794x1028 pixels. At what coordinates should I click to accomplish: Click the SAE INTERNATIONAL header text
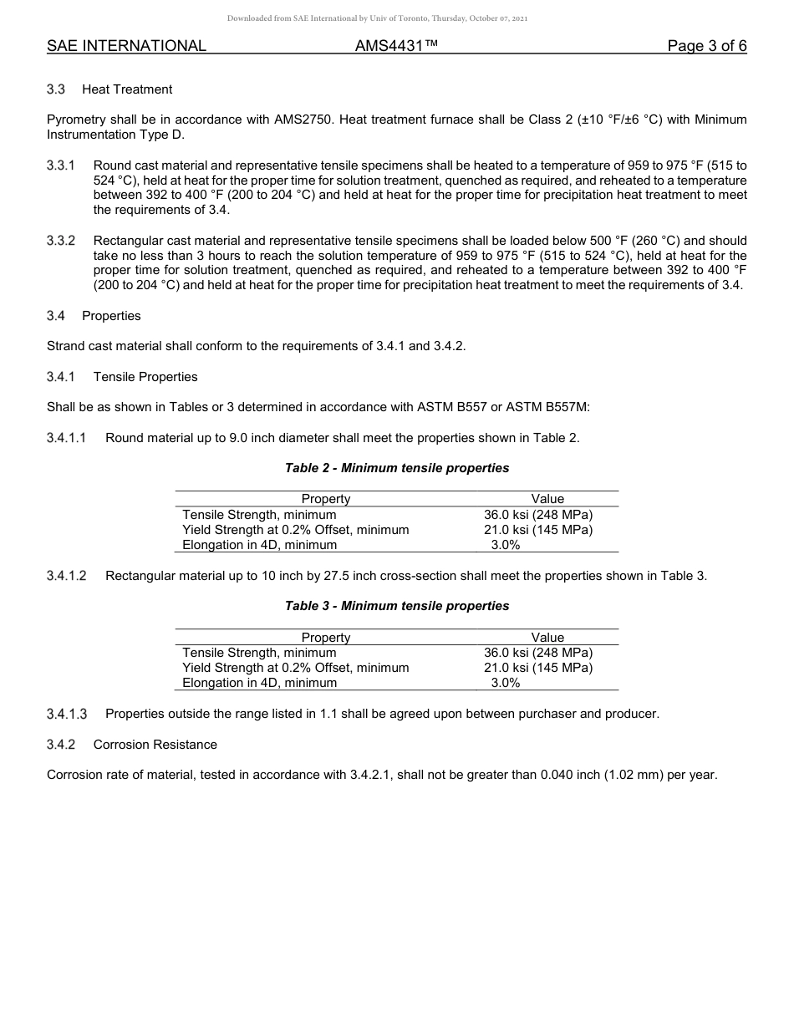(126, 47)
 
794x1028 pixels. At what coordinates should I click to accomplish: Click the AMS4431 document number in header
(396, 47)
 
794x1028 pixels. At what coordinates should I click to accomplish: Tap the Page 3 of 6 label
(706, 47)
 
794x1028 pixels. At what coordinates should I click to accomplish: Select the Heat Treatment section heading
(127, 89)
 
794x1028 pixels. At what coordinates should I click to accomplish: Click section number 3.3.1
(61, 165)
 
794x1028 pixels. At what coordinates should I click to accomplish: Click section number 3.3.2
(61, 241)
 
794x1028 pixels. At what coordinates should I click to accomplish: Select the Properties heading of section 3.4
(111, 316)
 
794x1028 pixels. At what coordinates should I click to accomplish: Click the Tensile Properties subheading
(145, 377)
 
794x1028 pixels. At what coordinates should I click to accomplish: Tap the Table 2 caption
(396, 468)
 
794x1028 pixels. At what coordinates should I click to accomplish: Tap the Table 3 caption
(396, 606)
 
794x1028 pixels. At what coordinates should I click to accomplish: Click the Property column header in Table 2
(325, 499)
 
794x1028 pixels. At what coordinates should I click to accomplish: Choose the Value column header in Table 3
(547, 637)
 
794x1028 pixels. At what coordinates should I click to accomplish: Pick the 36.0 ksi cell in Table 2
(537, 515)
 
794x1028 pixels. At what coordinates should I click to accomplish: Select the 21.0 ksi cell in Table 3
(537, 668)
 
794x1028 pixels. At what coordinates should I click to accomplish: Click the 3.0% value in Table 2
(505, 545)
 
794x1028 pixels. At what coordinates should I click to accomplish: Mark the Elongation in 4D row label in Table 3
(259, 683)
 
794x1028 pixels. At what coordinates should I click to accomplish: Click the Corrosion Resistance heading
(155, 745)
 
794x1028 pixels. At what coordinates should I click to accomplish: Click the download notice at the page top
(377, 18)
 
